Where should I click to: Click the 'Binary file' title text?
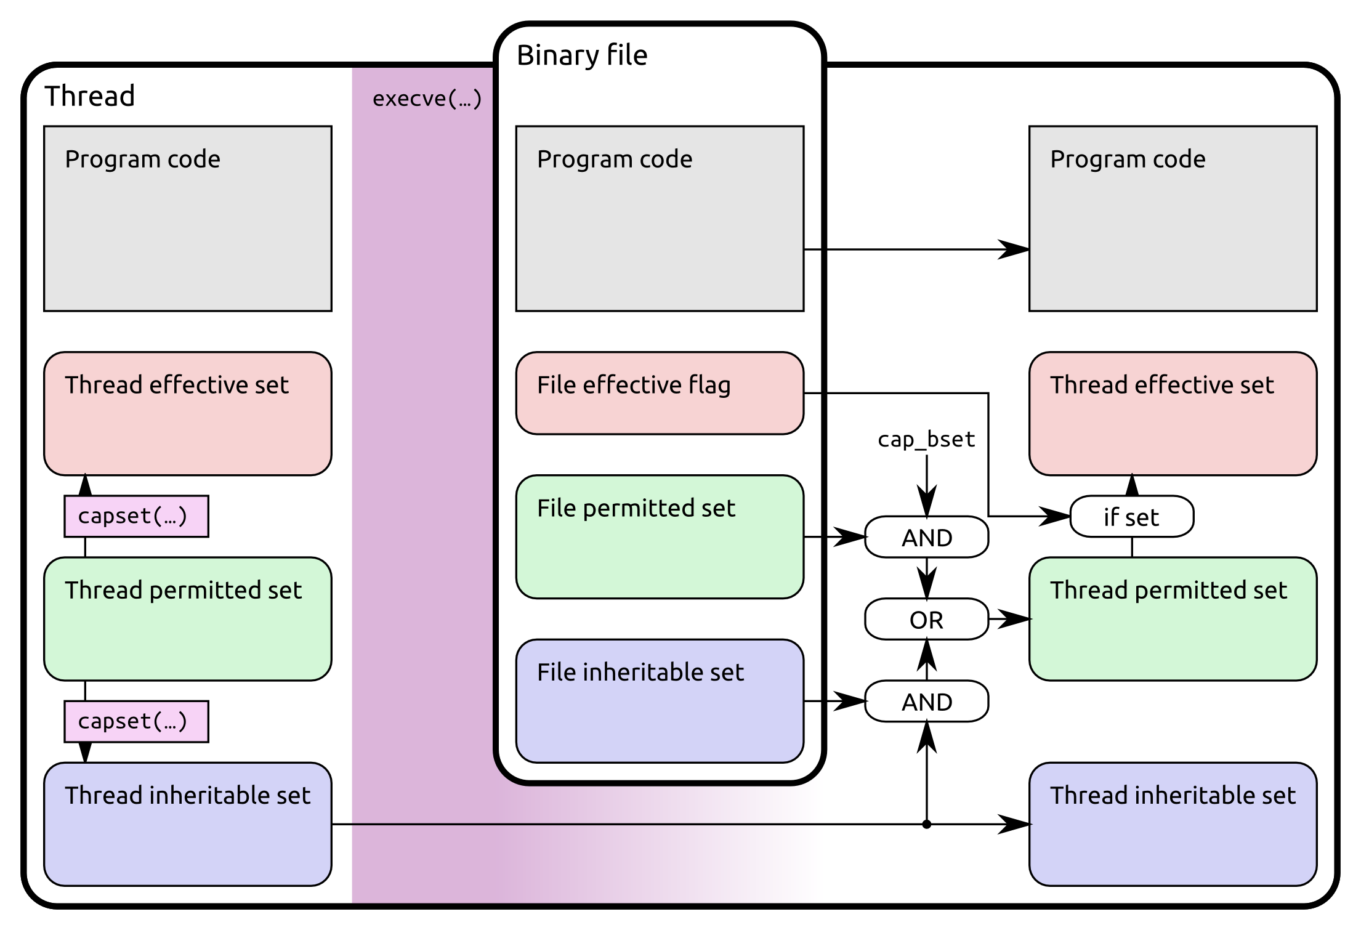point(581,55)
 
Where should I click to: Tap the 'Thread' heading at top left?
point(90,96)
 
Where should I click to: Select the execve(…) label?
point(426,99)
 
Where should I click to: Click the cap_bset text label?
point(926,439)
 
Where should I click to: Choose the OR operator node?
point(926,619)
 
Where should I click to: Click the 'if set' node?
point(1131,517)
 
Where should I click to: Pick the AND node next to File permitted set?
point(926,537)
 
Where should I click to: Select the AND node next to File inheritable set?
point(926,701)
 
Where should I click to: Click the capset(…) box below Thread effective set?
point(136,516)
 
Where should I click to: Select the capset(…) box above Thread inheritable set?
point(136,721)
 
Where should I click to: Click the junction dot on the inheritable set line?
point(926,824)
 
